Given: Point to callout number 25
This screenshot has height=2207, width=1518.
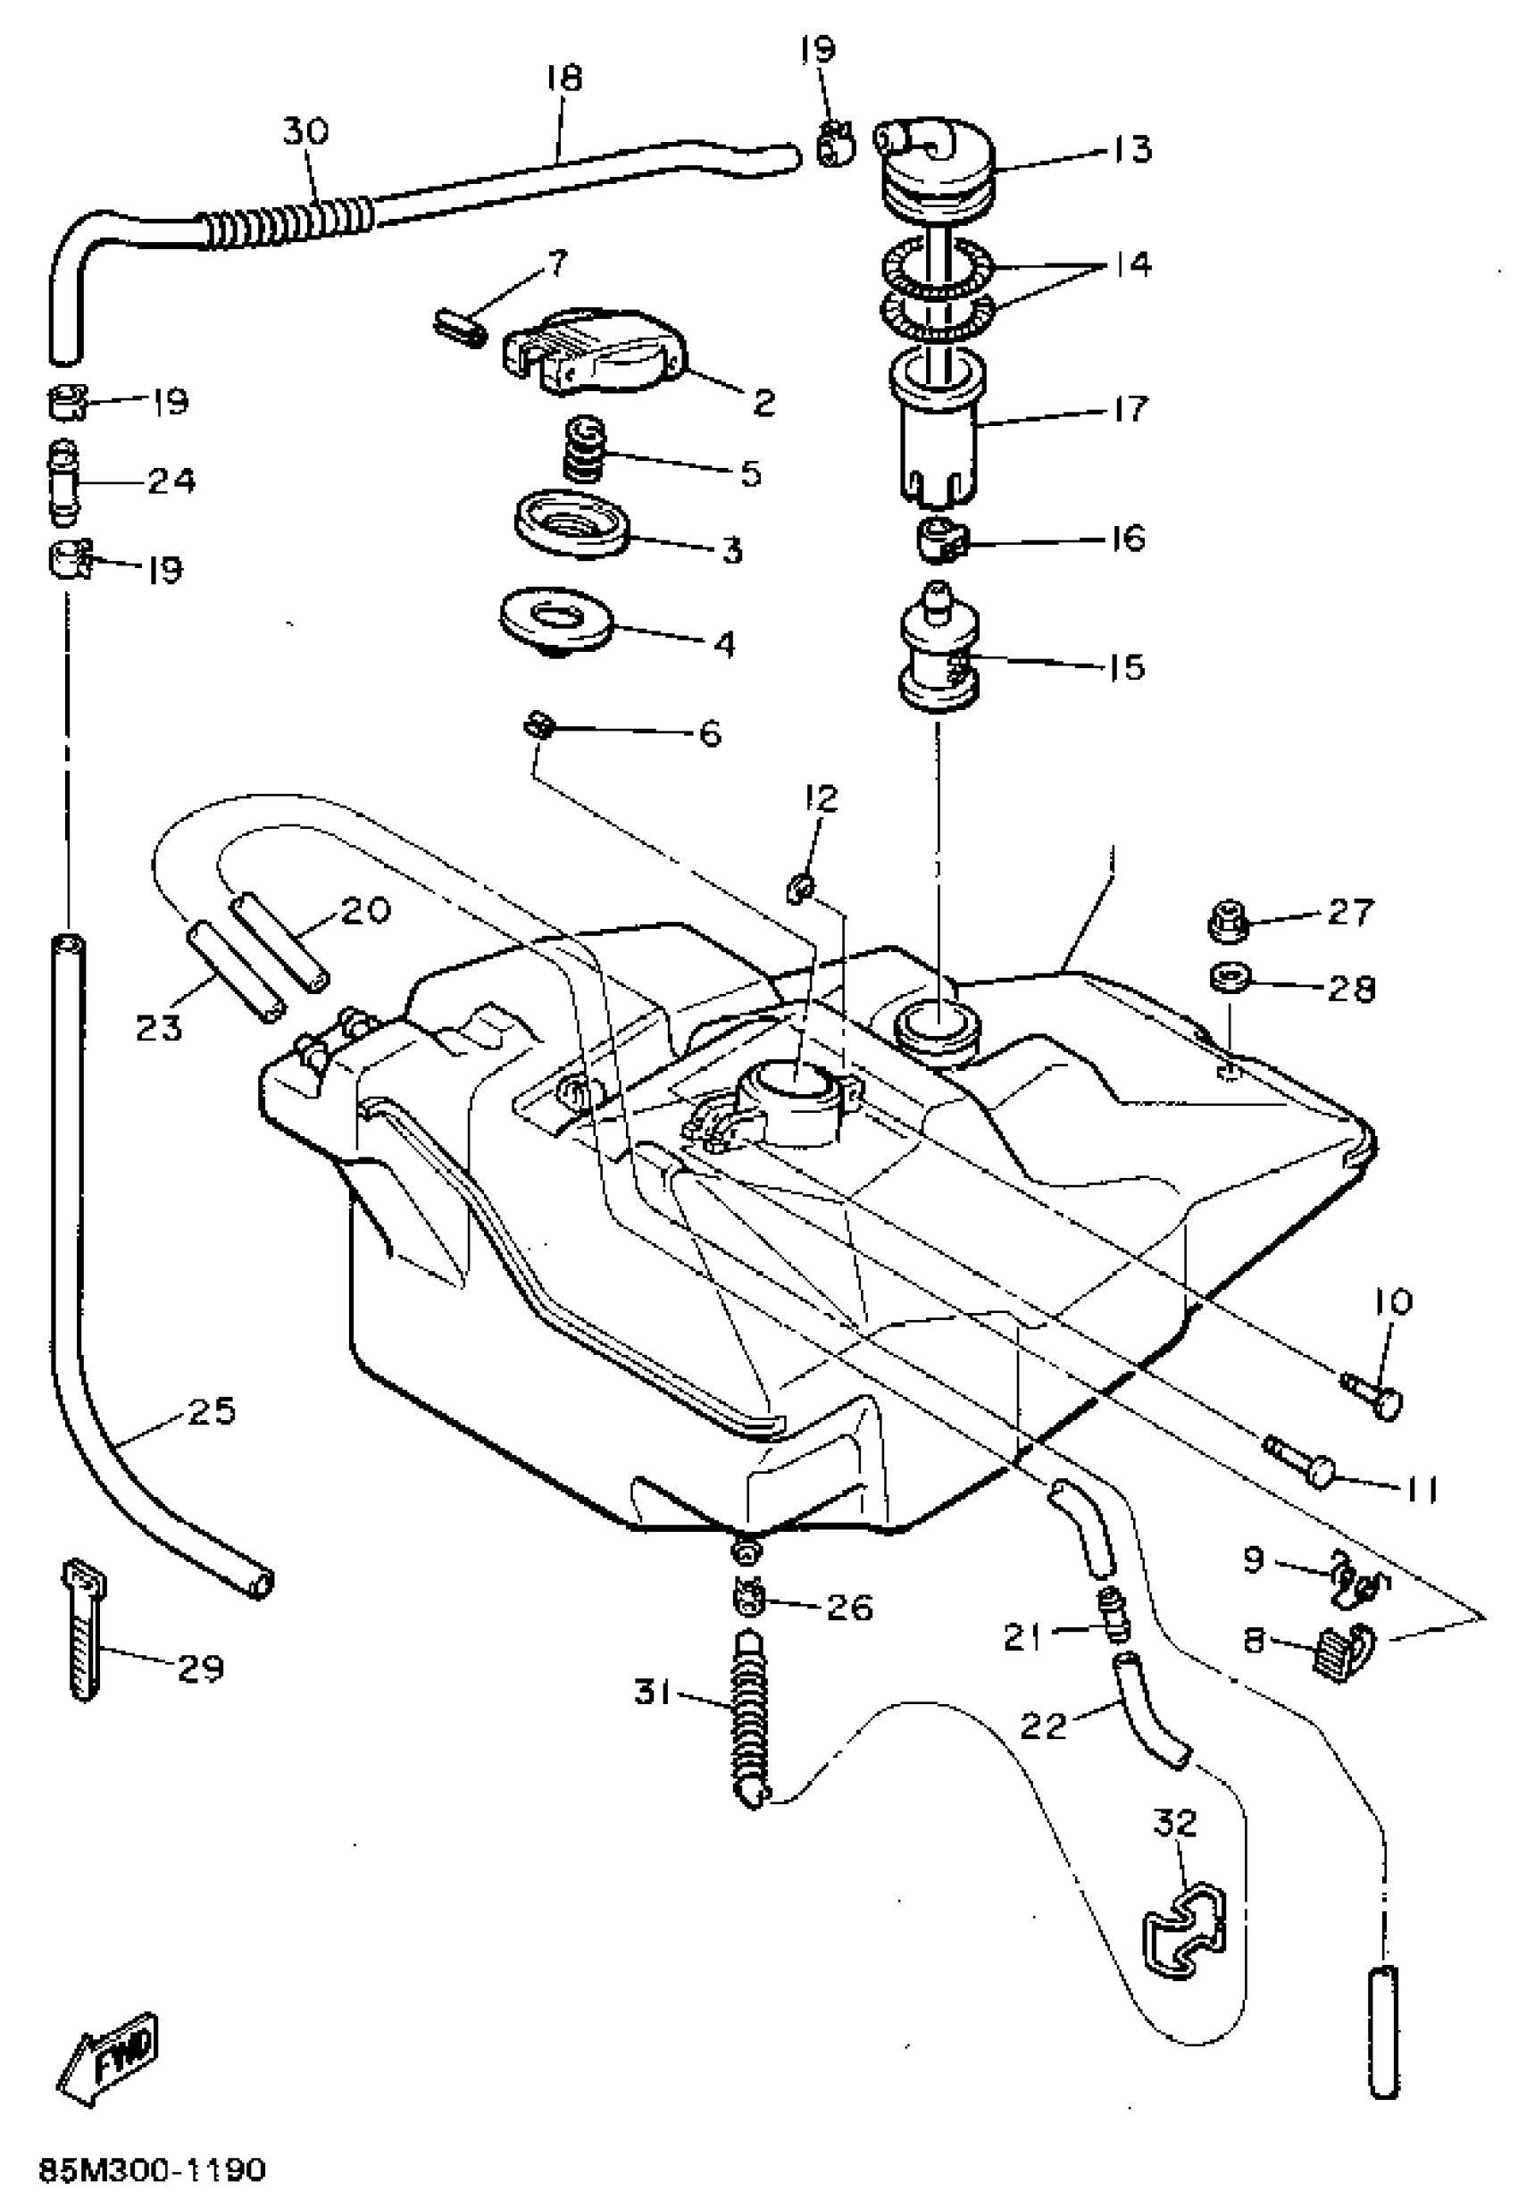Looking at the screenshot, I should [211, 1411].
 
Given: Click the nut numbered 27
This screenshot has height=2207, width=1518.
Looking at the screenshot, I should [1227, 921].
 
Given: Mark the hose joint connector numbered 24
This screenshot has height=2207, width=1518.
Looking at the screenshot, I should [64, 482].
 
